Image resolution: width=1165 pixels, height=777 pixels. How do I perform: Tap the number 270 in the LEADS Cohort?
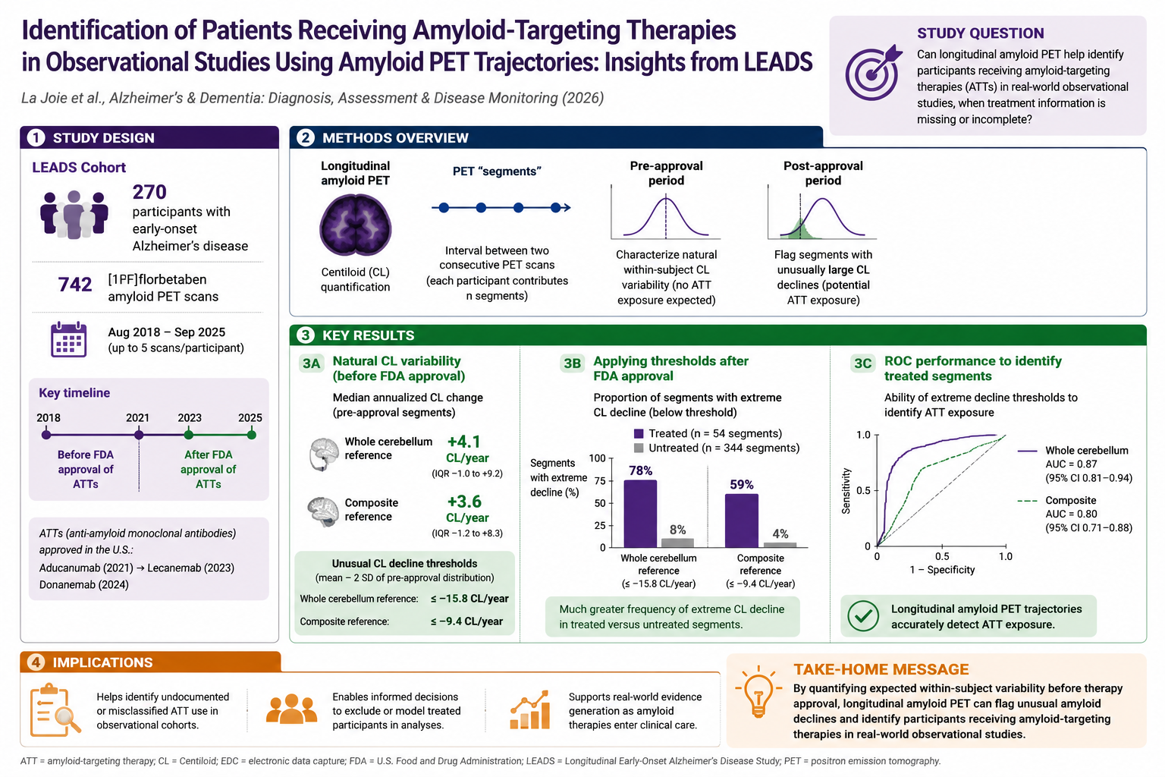click(149, 192)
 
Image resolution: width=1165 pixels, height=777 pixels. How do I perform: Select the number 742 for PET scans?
click(75, 284)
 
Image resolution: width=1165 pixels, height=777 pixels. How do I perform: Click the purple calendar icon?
click(69, 339)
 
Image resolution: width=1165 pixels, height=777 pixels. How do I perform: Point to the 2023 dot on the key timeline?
click(189, 435)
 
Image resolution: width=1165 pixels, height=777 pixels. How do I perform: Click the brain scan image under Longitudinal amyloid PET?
click(355, 225)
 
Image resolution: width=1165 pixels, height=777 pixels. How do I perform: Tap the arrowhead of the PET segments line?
click(567, 208)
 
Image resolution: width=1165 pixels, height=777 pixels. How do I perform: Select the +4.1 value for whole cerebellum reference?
click(464, 442)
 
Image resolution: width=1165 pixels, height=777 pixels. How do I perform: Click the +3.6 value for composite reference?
click(464, 502)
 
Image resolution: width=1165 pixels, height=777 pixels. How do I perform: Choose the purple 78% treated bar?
click(640, 514)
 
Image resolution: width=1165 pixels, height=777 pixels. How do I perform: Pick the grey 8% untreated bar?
click(677, 543)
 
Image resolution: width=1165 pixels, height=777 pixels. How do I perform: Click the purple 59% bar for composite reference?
click(742, 521)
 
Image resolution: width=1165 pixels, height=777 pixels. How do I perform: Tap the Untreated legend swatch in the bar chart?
click(639, 448)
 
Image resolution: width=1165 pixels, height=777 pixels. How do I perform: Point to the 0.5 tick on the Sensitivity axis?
click(863, 490)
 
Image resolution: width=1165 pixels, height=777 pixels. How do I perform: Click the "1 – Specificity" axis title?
click(942, 570)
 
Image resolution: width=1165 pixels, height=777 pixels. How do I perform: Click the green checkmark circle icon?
click(863, 616)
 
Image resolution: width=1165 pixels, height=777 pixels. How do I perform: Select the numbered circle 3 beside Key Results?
click(306, 335)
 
